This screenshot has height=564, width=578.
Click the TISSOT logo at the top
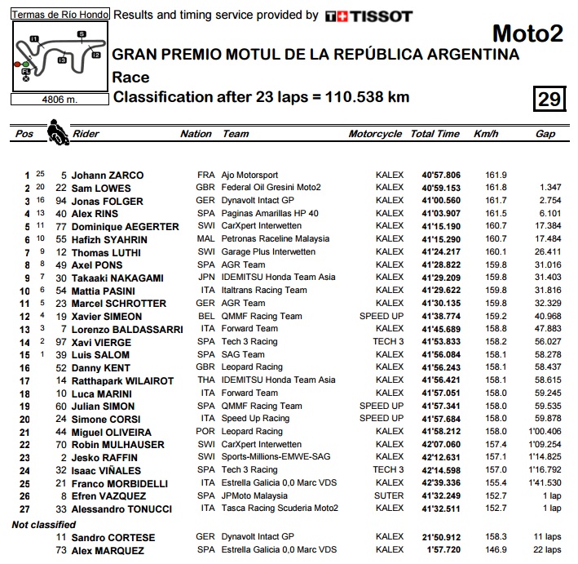tap(368, 16)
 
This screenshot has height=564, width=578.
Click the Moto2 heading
tap(527, 33)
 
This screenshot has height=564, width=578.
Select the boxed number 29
tap(549, 99)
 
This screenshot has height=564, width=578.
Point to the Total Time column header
tap(435, 134)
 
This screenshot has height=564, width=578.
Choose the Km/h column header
tap(486, 134)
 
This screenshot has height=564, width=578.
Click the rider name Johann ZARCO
tap(107, 175)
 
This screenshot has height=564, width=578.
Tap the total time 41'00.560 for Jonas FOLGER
tap(441, 200)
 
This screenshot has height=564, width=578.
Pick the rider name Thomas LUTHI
tap(107, 252)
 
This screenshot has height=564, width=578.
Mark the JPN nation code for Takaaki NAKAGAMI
tap(205, 278)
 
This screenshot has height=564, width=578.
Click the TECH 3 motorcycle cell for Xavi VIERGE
tap(388, 341)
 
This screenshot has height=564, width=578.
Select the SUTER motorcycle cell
tap(389, 495)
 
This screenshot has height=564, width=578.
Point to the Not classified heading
tap(42, 524)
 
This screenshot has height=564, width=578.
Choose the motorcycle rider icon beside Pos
tap(57, 131)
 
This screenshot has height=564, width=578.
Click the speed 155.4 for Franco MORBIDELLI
tap(496, 482)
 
